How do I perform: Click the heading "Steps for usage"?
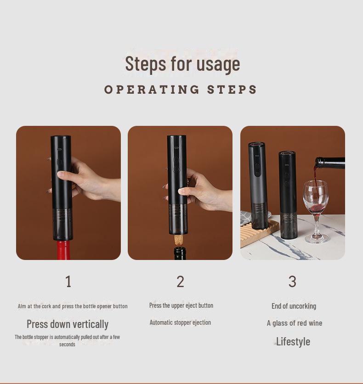(182, 64)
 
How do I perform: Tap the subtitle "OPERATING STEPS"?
(181, 90)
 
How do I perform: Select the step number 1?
(68, 282)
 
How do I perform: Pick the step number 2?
(180, 282)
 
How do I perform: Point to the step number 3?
(292, 282)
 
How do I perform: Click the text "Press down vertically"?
(68, 324)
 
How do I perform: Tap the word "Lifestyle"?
(293, 341)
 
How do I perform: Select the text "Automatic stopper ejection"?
(180, 322)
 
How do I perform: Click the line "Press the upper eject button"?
(181, 305)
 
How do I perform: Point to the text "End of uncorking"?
(294, 306)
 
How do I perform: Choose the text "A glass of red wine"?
(295, 323)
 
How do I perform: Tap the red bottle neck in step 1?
(64, 250)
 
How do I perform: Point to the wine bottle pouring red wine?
(330, 164)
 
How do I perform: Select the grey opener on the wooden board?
(257, 186)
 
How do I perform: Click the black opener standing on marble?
(288, 195)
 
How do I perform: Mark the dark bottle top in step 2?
(180, 253)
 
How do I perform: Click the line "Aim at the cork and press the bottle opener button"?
(73, 306)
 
